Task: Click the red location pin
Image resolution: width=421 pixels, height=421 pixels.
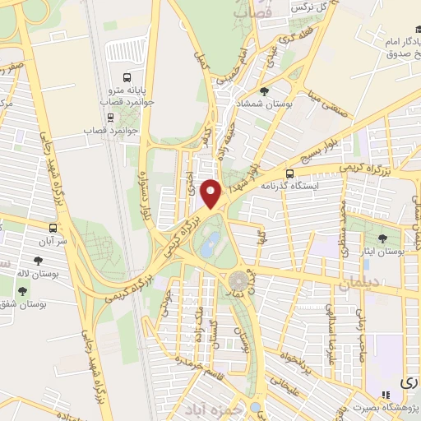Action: tap(212, 193)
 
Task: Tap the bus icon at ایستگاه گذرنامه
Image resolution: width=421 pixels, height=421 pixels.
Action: tap(289, 173)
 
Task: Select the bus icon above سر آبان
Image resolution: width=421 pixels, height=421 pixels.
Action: tap(53, 228)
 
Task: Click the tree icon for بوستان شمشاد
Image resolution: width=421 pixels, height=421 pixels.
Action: tap(263, 91)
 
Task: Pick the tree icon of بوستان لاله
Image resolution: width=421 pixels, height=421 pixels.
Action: tap(38, 263)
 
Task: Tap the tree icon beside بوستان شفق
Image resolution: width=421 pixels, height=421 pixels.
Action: tap(21, 291)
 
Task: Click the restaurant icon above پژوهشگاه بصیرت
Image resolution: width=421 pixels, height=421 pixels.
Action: tap(387, 396)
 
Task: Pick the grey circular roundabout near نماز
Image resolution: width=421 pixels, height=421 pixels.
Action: tap(238, 279)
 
